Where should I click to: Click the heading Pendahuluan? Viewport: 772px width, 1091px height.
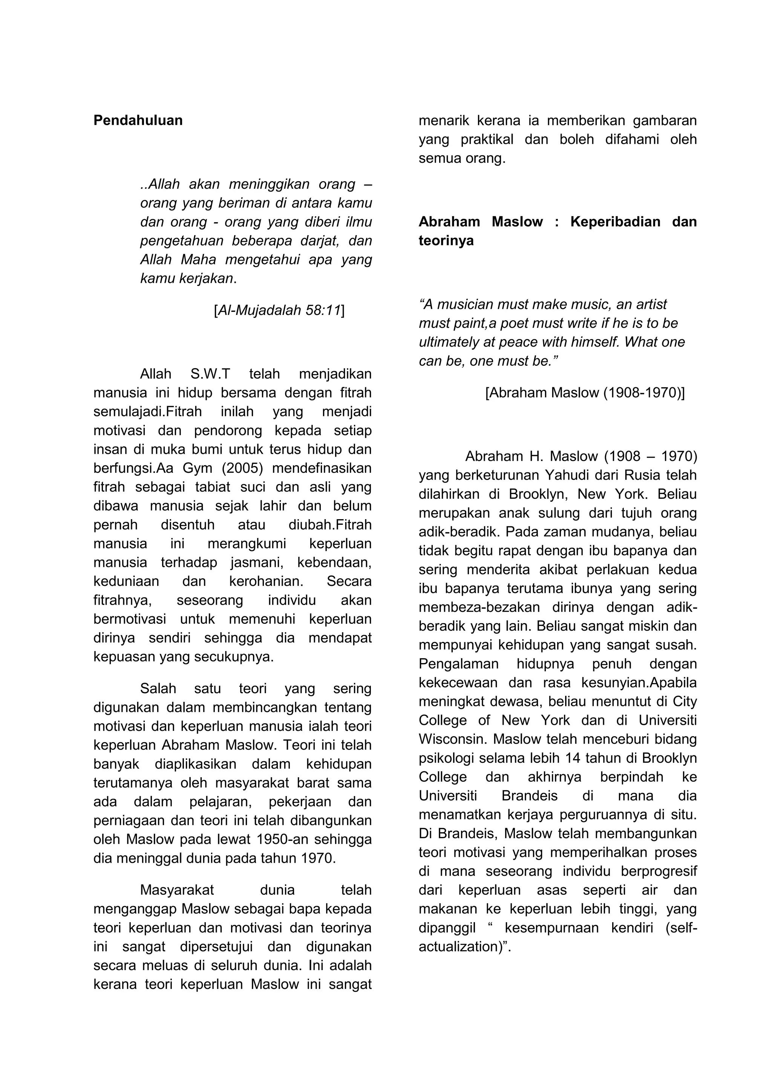point(138,121)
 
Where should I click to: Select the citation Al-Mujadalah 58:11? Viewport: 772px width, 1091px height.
point(279,310)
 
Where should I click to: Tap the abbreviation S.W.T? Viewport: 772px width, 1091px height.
point(210,374)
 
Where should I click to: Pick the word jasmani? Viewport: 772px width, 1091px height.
point(257,562)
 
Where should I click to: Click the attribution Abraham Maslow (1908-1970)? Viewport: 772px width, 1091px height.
point(585,393)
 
